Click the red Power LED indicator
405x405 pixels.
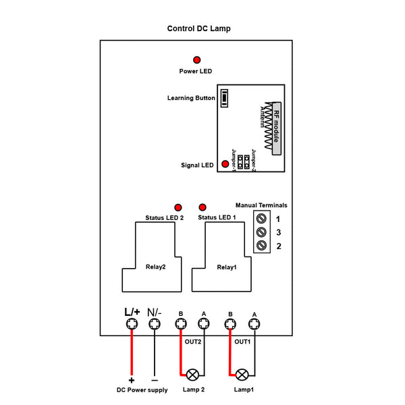click(x=197, y=59)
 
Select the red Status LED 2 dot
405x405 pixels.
click(x=178, y=208)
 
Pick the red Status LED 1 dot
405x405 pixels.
click(x=201, y=207)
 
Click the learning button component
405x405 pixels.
click(x=223, y=99)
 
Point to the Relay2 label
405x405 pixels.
click(x=155, y=267)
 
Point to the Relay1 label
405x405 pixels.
click(x=226, y=267)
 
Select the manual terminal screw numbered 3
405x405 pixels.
click(x=262, y=232)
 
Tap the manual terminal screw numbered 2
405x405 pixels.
click(x=262, y=246)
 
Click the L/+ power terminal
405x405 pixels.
click(x=132, y=325)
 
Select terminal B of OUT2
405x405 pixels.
click(x=180, y=325)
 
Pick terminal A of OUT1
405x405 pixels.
click(x=254, y=325)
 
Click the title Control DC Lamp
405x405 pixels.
click(x=198, y=29)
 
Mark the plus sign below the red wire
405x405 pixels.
click(x=132, y=379)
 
